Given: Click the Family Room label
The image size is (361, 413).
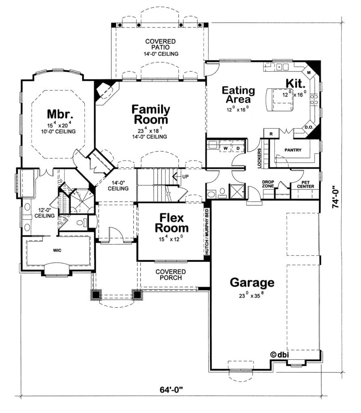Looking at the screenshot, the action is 151,114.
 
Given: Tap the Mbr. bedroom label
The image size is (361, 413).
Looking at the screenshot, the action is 60,114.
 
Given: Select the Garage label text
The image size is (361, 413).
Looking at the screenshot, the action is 252,283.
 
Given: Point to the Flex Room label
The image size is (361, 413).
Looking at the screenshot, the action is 172,223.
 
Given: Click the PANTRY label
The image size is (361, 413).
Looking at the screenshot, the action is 293,150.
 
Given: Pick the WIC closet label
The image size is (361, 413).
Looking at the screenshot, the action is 57,250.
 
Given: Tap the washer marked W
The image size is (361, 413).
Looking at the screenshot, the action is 225,148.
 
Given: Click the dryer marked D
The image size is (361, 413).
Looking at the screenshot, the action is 238,148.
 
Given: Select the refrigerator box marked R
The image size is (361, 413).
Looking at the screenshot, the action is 271,134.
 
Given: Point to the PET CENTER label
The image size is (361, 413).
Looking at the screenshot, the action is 306,184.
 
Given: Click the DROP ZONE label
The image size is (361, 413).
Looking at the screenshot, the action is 268,184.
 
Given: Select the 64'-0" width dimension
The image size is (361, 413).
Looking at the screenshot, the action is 171,389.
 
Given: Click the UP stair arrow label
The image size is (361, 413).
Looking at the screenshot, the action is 185,177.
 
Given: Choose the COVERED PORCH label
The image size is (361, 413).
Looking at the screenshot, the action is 171,274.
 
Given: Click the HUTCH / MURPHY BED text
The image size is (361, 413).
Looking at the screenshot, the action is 207,232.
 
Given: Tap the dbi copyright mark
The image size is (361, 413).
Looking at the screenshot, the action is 279,355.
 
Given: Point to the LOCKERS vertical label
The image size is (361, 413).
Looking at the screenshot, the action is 259,158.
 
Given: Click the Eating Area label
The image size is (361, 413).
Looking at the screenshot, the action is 238,95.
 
